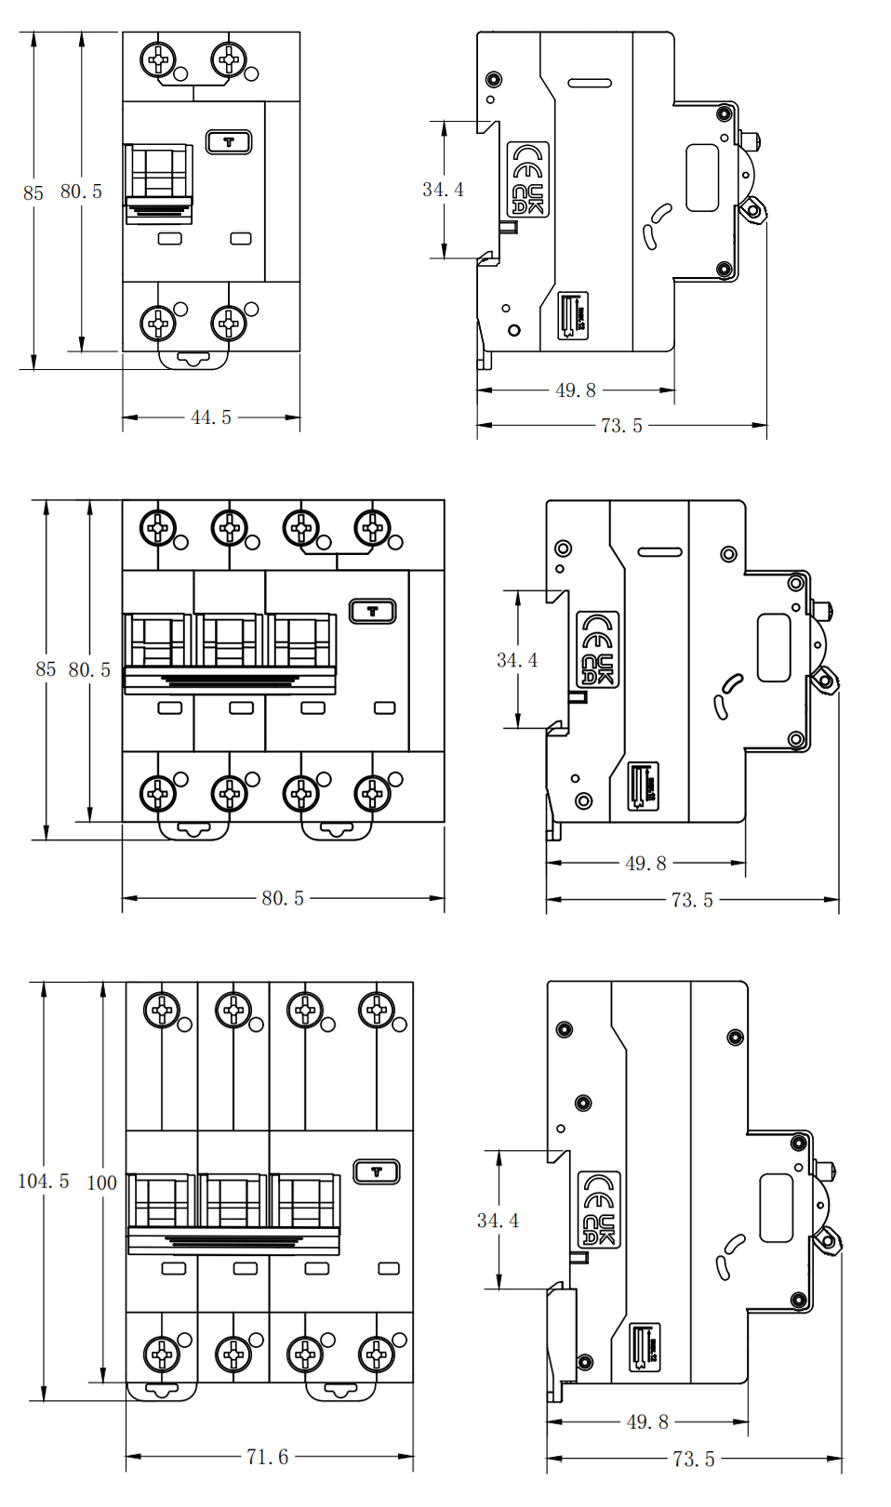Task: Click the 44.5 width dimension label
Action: [211, 417]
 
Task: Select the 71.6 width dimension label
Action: [267, 1457]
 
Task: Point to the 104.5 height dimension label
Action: [43, 1181]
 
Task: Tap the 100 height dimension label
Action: [101, 1183]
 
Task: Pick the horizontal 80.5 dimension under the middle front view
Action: [283, 898]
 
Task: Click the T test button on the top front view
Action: [229, 142]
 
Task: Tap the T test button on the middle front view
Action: [373, 611]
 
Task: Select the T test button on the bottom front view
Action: [377, 1171]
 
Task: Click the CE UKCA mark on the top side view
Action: [527, 179]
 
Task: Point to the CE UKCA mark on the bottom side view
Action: [599, 1209]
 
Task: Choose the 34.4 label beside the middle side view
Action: [517, 660]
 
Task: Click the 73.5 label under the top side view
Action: [621, 426]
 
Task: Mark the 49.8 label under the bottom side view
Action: [647, 1421]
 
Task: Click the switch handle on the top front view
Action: [159, 184]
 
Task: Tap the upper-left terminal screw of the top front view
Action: [158, 60]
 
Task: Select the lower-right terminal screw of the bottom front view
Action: [377, 1355]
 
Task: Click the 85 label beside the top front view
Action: [33, 192]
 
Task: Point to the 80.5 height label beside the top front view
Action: [81, 192]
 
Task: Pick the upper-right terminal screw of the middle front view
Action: [373, 528]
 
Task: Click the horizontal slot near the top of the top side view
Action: [590, 83]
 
